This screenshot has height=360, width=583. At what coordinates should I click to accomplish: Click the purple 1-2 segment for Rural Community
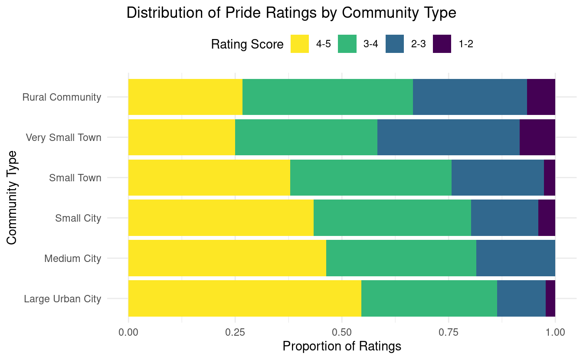pyautogui.click(x=541, y=97)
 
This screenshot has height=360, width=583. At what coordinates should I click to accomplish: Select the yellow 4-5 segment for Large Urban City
pyautogui.click(x=245, y=298)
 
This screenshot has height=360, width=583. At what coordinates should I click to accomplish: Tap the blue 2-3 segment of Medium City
pyautogui.click(x=515, y=258)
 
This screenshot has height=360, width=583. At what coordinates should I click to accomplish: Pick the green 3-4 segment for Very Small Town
pyautogui.click(x=306, y=137)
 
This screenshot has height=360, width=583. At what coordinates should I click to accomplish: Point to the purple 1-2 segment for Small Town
pyautogui.click(x=549, y=177)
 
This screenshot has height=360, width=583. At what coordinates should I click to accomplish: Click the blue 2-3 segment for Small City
pyautogui.click(x=504, y=218)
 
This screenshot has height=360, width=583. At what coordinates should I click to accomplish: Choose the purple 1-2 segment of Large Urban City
pyautogui.click(x=550, y=298)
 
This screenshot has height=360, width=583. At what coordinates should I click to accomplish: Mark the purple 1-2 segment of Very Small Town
pyautogui.click(x=537, y=137)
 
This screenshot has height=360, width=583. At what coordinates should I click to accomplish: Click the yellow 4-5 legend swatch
pyautogui.click(x=300, y=44)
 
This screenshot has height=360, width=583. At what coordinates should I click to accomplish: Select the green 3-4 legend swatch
pyautogui.click(x=347, y=44)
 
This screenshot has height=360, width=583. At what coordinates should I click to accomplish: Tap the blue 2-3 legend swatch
pyautogui.click(x=395, y=44)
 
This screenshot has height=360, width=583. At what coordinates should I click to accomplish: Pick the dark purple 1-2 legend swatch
pyautogui.click(x=442, y=44)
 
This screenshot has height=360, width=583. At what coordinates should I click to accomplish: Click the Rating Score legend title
pyautogui.click(x=247, y=44)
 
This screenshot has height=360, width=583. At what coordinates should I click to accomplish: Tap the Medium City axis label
pyautogui.click(x=72, y=259)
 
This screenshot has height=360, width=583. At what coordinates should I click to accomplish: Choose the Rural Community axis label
pyautogui.click(x=62, y=97)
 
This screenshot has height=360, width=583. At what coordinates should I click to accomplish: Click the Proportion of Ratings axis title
pyautogui.click(x=341, y=347)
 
